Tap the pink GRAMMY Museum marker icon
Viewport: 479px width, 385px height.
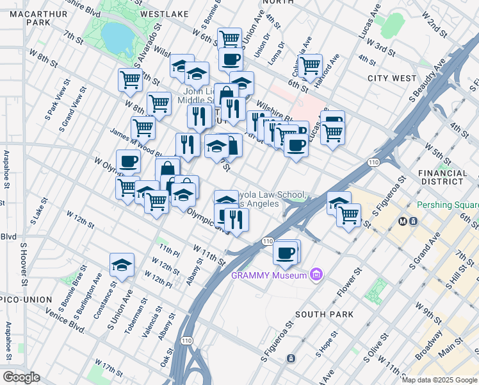pyautogui.click(x=314, y=275)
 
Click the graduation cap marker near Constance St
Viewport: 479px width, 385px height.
pyautogui.click(x=121, y=264)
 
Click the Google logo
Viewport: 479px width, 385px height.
pyautogui.click(x=20, y=377)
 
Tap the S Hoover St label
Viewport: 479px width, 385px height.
pyautogui.click(x=24, y=264)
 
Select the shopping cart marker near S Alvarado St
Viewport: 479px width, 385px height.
pyautogui.click(x=130, y=80)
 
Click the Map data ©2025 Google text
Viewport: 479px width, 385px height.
pyautogui.click(x=439, y=380)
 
